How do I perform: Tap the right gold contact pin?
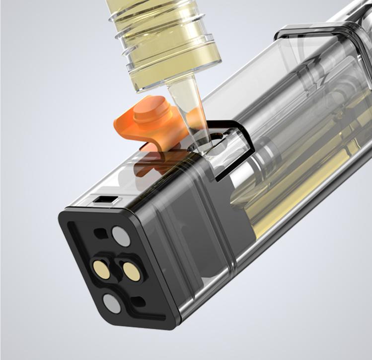(132, 271)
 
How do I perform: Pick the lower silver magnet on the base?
(112, 303)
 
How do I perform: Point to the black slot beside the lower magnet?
(140, 301)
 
